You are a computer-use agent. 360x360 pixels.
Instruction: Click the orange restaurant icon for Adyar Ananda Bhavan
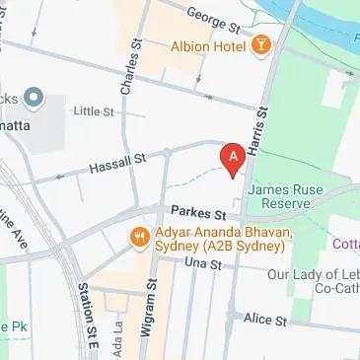point(138,237)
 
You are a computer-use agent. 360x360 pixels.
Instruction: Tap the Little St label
point(96,111)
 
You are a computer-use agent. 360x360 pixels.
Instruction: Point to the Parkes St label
point(198,213)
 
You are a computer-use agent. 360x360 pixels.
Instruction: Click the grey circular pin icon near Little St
point(34,97)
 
